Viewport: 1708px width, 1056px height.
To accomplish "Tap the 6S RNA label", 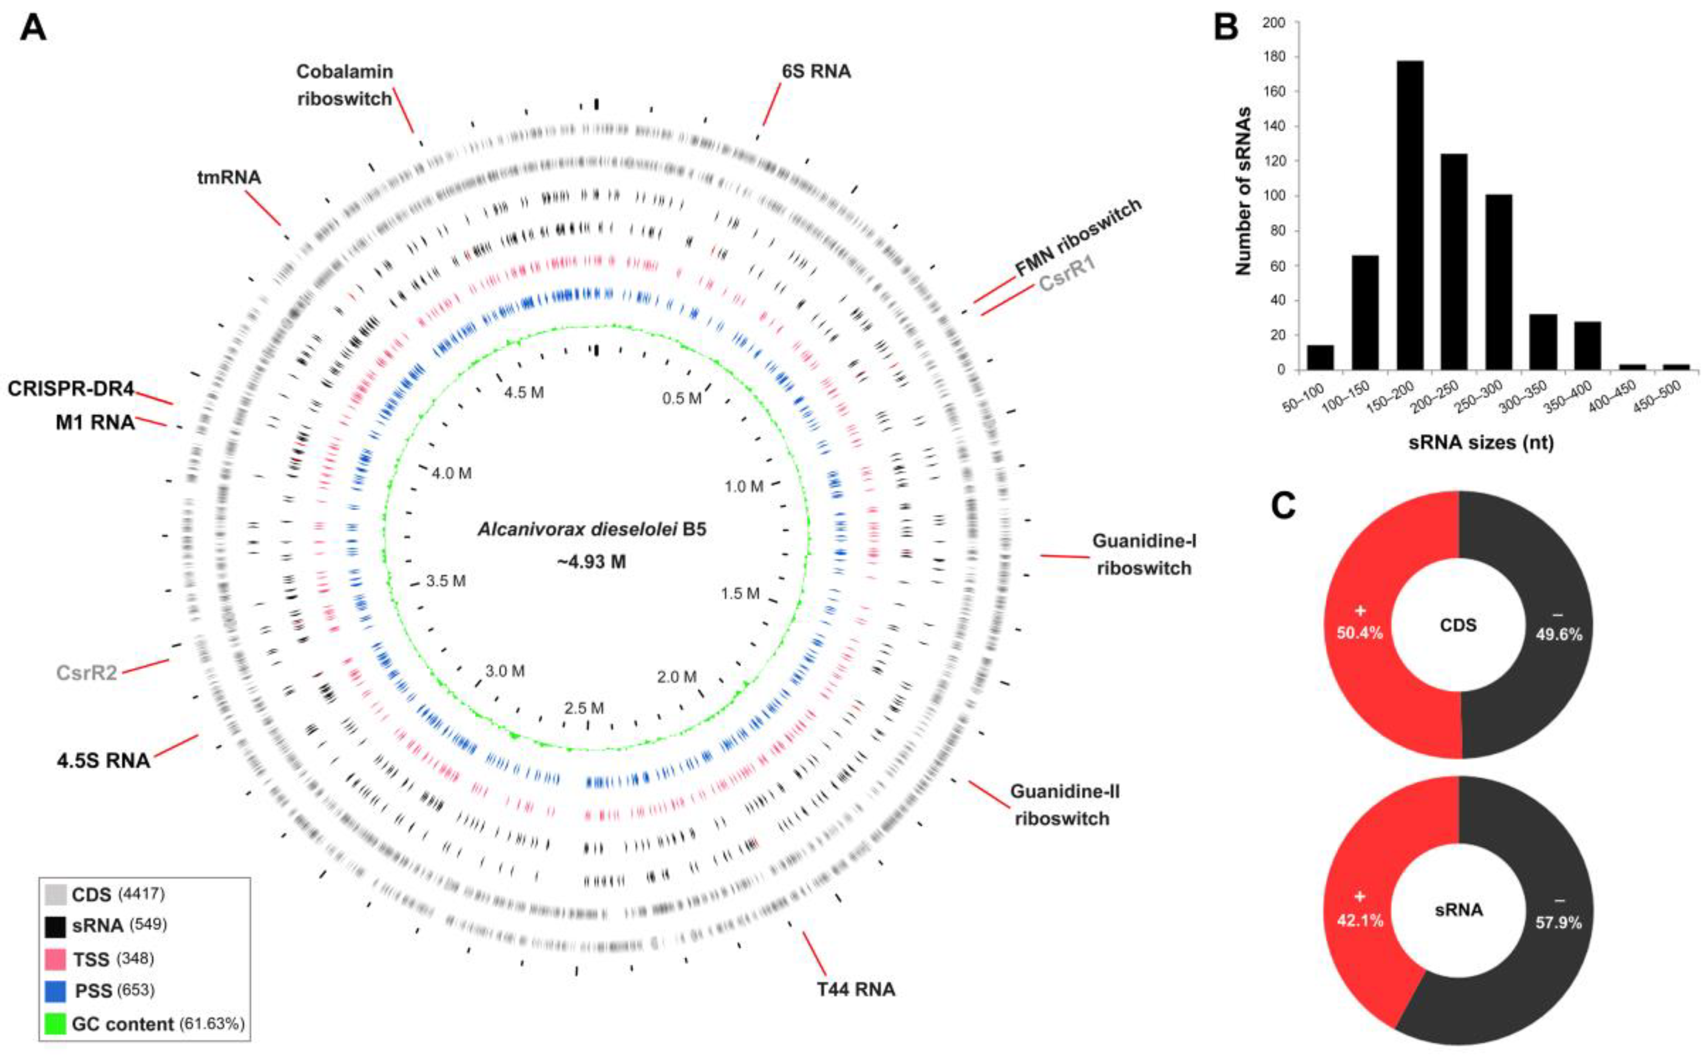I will pyautogui.click(x=816, y=71).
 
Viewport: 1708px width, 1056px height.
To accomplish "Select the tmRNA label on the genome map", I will pyautogui.click(x=229, y=177).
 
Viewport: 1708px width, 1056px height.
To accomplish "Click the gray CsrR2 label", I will pyautogui.click(x=86, y=673).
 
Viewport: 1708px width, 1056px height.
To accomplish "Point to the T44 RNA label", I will pyautogui.click(x=856, y=989).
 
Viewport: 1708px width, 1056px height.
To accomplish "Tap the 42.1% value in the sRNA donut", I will pyautogui.click(x=1360, y=921).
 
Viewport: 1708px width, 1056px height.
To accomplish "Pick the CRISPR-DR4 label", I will pyautogui.click(x=71, y=389).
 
